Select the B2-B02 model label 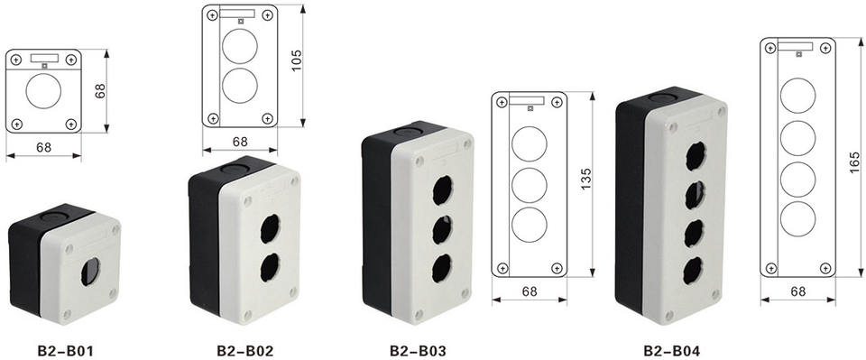[x=244, y=350]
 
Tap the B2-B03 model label [x=418, y=350]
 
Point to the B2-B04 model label [x=671, y=350]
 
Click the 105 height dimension [x=296, y=60]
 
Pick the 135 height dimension [x=586, y=179]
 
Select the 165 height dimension [x=854, y=163]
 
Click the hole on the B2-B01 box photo [x=90, y=271]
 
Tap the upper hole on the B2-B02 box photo [x=270, y=228]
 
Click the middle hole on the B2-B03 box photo [x=442, y=230]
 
